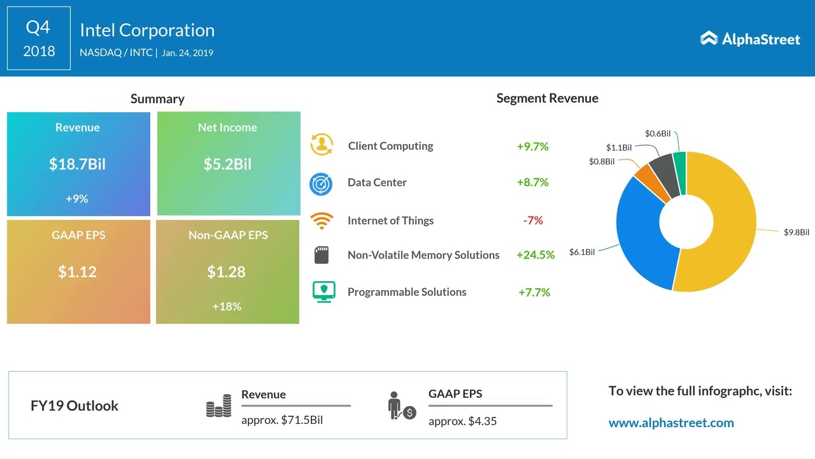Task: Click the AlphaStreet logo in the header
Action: [750, 39]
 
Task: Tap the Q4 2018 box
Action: [39, 38]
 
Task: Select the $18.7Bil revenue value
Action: [77, 164]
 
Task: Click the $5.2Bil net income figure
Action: [227, 164]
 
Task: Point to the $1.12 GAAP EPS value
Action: [77, 272]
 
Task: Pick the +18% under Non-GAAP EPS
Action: [226, 307]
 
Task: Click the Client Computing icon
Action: [322, 145]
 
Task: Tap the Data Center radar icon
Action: [321, 184]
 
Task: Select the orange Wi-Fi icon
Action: [322, 221]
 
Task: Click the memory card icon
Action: [321, 256]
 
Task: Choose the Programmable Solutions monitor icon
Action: [323, 292]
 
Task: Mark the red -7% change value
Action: [533, 221]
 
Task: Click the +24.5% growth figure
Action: [535, 255]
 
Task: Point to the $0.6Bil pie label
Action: [657, 134]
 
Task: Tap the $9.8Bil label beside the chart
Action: [796, 233]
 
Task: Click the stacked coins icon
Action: [218, 406]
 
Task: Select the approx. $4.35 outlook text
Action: [462, 421]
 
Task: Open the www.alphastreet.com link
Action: [671, 423]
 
